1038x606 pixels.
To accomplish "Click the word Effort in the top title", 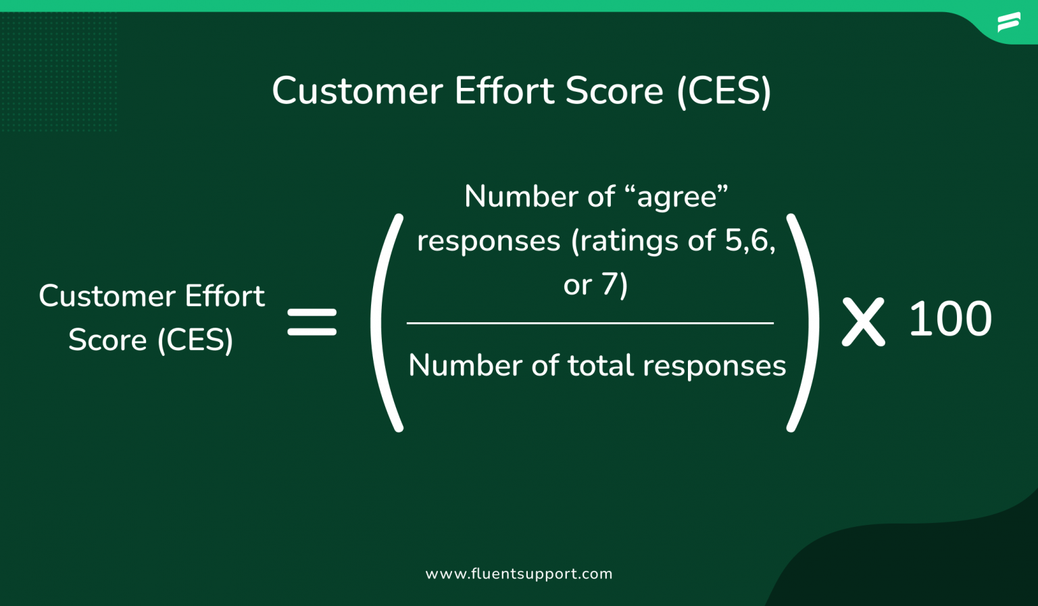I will (x=504, y=91).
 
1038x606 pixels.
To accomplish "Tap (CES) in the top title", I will (x=724, y=91).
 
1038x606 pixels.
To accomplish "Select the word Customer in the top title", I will (x=357, y=91).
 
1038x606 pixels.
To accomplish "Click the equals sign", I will (x=312, y=322).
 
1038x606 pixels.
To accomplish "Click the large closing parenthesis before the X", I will (x=804, y=322).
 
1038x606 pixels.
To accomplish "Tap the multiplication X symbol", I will (x=863, y=324).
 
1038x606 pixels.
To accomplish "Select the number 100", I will (x=950, y=320).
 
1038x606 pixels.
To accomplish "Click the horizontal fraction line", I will (x=590, y=324).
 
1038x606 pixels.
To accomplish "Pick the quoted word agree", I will (x=676, y=197).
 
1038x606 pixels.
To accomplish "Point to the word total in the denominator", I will (x=601, y=366).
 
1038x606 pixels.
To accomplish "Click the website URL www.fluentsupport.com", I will (x=519, y=574).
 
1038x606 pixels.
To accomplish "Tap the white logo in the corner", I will (x=1008, y=22).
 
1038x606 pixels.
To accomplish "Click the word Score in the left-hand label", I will (x=107, y=340).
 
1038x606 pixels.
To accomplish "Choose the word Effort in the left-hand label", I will (x=225, y=297).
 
